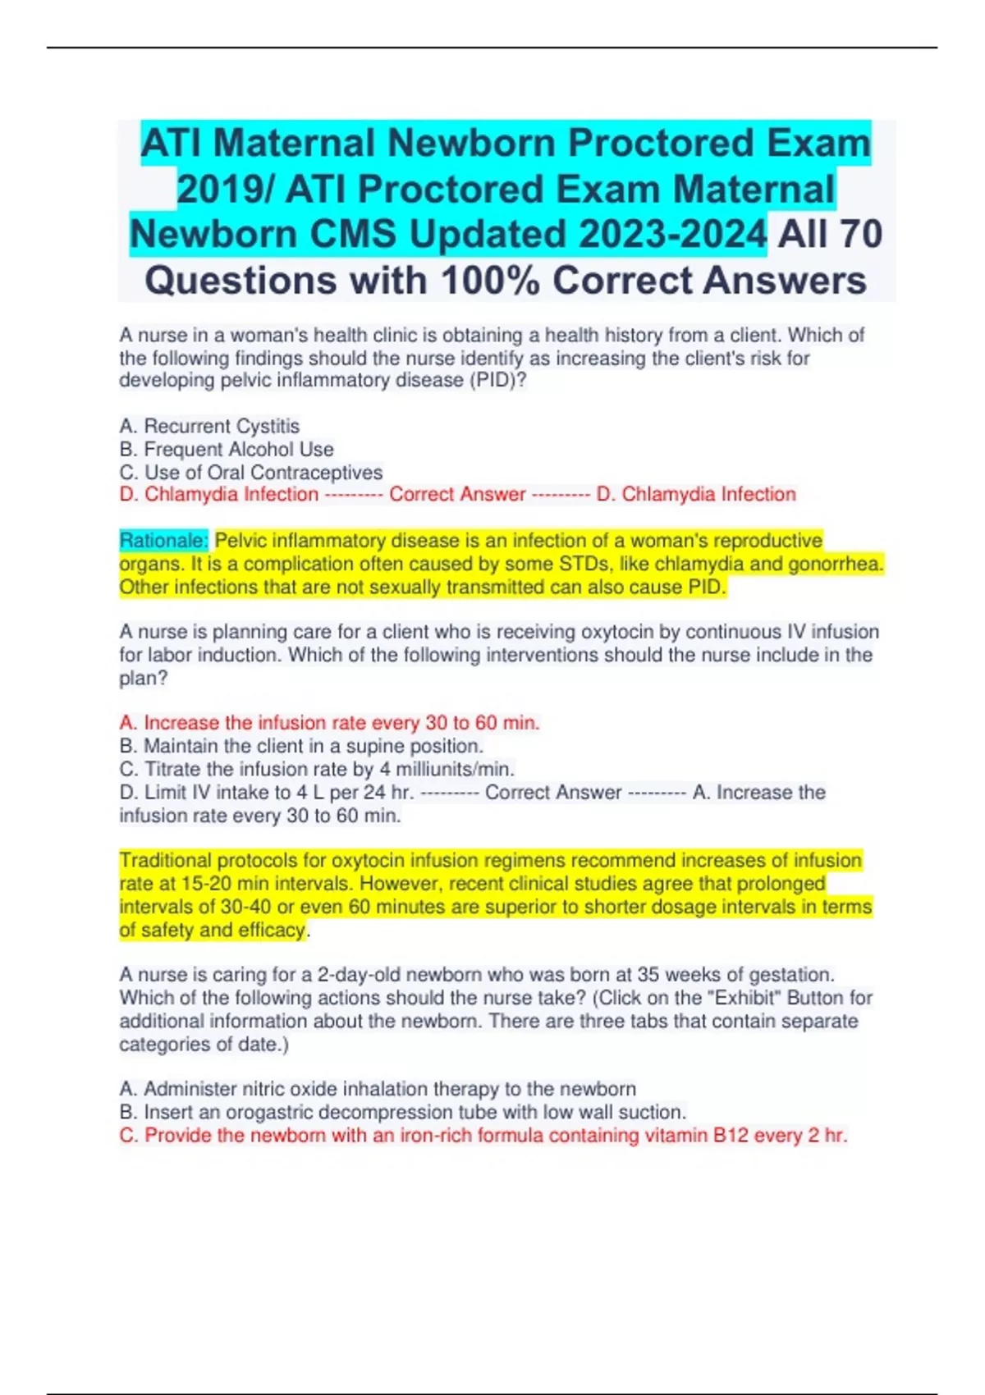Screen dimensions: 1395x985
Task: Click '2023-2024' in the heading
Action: click(x=673, y=235)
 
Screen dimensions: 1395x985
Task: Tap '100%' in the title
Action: click(x=490, y=281)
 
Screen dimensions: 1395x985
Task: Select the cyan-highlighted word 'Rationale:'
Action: click(x=164, y=541)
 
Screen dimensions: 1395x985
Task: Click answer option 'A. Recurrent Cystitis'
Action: click(x=209, y=426)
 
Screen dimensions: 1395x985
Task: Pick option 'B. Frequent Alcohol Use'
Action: click(x=227, y=449)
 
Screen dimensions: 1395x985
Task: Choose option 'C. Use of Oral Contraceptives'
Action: click(x=251, y=472)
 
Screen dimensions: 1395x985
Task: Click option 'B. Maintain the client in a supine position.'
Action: click(x=301, y=746)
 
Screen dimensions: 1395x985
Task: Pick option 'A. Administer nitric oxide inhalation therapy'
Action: click(x=378, y=1089)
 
